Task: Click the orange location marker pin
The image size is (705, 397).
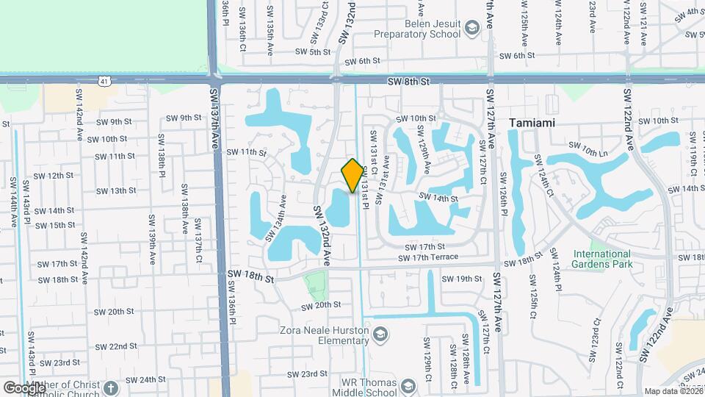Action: coord(352,176)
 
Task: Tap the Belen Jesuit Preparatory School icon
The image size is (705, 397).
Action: coord(471,29)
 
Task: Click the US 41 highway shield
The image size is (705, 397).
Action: coord(107,79)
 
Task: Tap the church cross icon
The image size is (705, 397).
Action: coord(110,387)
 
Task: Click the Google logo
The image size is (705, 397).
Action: coord(24,387)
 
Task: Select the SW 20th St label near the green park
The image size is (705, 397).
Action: coord(322,304)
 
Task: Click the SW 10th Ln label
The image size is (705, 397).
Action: coord(594,151)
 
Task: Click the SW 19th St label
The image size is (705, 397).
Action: coord(461,279)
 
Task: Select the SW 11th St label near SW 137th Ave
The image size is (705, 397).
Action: coord(246,152)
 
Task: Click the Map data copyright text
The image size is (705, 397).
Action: coord(672,392)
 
